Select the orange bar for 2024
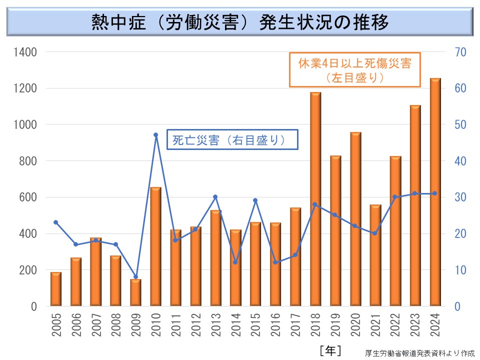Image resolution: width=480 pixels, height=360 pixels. (435, 192)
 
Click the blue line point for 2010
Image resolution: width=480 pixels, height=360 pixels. (155, 134)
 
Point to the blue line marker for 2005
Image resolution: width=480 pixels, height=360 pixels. (55, 222)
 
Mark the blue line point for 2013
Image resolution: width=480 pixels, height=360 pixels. (215, 197)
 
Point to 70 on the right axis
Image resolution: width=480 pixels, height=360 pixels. (460, 52)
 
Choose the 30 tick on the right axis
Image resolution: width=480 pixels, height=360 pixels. (460, 197)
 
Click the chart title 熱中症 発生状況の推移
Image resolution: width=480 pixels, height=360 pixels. (240, 22)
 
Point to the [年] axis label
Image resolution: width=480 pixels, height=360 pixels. (330, 350)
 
